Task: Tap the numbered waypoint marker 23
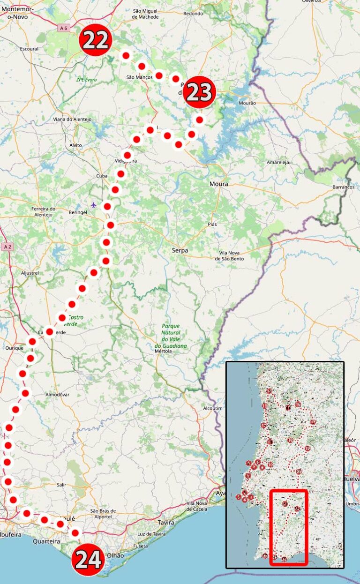click(x=199, y=92)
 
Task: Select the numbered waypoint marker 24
click(x=88, y=559)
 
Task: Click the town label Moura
click(x=219, y=184)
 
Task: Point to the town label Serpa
click(x=180, y=251)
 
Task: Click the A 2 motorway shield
click(x=7, y=247)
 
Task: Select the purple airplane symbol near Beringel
click(x=94, y=204)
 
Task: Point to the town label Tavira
click(x=166, y=522)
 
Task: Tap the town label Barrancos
click(x=343, y=187)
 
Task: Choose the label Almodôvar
click(x=57, y=395)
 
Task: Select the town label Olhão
click(x=116, y=555)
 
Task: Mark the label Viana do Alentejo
click(x=72, y=119)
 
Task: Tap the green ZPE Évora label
click(x=86, y=80)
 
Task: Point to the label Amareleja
click(x=278, y=162)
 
